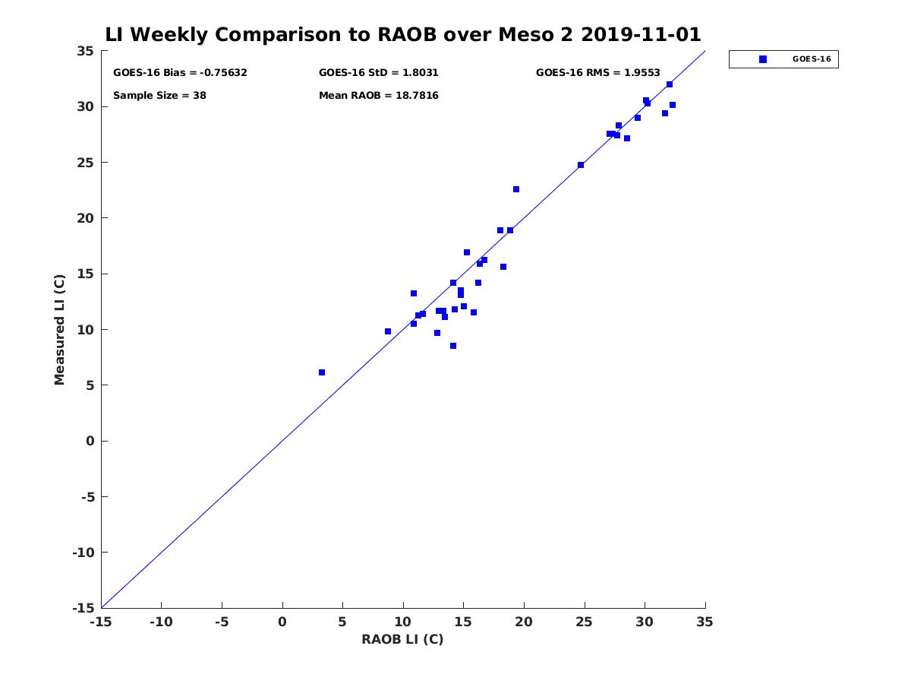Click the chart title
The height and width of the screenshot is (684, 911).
tap(402, 35)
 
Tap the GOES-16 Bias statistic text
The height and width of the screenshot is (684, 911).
tap(180, 73)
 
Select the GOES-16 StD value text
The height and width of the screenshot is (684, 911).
tap(378, 73)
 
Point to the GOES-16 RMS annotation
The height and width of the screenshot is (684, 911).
tap(597, 73)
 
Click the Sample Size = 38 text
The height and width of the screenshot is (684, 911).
tap(159, 96)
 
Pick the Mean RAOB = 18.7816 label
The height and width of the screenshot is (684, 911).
tap(378, 96)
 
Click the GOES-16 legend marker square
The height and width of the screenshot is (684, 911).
tap(763, 59)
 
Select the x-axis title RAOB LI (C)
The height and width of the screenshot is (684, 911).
tap(402, 639)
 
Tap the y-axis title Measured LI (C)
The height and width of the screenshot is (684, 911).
tap(60, 330)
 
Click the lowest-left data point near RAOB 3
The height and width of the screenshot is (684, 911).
tap(322, 372)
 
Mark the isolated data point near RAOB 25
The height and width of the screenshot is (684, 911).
tap(581, 165)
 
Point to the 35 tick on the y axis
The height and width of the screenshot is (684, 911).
tap(85, 51)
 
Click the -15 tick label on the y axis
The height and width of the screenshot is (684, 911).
tap(82, 608)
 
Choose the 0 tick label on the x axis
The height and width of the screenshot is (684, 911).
tap(282, 622)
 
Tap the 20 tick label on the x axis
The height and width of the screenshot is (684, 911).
tap(524, 622)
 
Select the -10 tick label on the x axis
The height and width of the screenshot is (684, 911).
tap(160, 622)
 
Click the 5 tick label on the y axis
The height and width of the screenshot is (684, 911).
tap(89, 385)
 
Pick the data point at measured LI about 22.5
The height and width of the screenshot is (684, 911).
tap(516, 189)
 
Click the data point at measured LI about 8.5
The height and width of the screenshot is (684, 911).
tap(453, 346)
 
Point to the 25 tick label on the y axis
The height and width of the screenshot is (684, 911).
tap(85, 163)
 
